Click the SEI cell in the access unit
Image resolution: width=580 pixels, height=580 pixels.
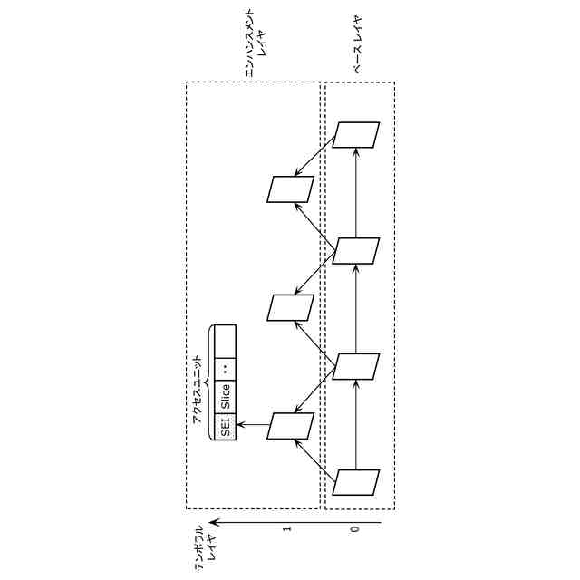(x=225, y=426)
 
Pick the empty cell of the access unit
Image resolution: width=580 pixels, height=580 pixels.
(x=225, y=340)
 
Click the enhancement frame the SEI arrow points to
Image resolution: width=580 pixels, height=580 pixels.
(x=290, y=426)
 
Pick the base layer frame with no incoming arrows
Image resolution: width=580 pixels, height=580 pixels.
(x=355, y=482)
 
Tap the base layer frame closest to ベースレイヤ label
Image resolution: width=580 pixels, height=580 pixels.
(x=355, y=134)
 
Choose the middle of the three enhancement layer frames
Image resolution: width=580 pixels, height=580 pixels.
(x=290, y=308)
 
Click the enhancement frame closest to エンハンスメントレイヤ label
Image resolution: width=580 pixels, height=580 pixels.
(x=290, y=188)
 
